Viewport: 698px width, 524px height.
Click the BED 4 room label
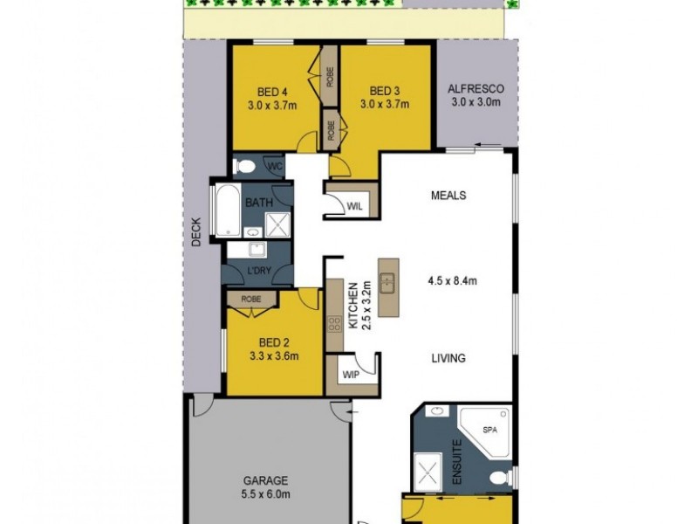[x=271, y=90]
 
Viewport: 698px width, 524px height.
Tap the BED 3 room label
[x=385, y=90]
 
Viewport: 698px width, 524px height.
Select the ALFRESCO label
[x=476, y=89]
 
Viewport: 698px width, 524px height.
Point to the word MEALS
[x=448, y=195]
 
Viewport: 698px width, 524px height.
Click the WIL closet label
[x=354, y=206]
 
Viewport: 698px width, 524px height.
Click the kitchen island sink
[x=388, y=282]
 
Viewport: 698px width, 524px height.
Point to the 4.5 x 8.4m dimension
[x=452, y=280]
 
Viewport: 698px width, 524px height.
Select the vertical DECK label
[x=196, y=231]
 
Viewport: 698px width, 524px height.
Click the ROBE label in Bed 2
[x=251, y=299]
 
